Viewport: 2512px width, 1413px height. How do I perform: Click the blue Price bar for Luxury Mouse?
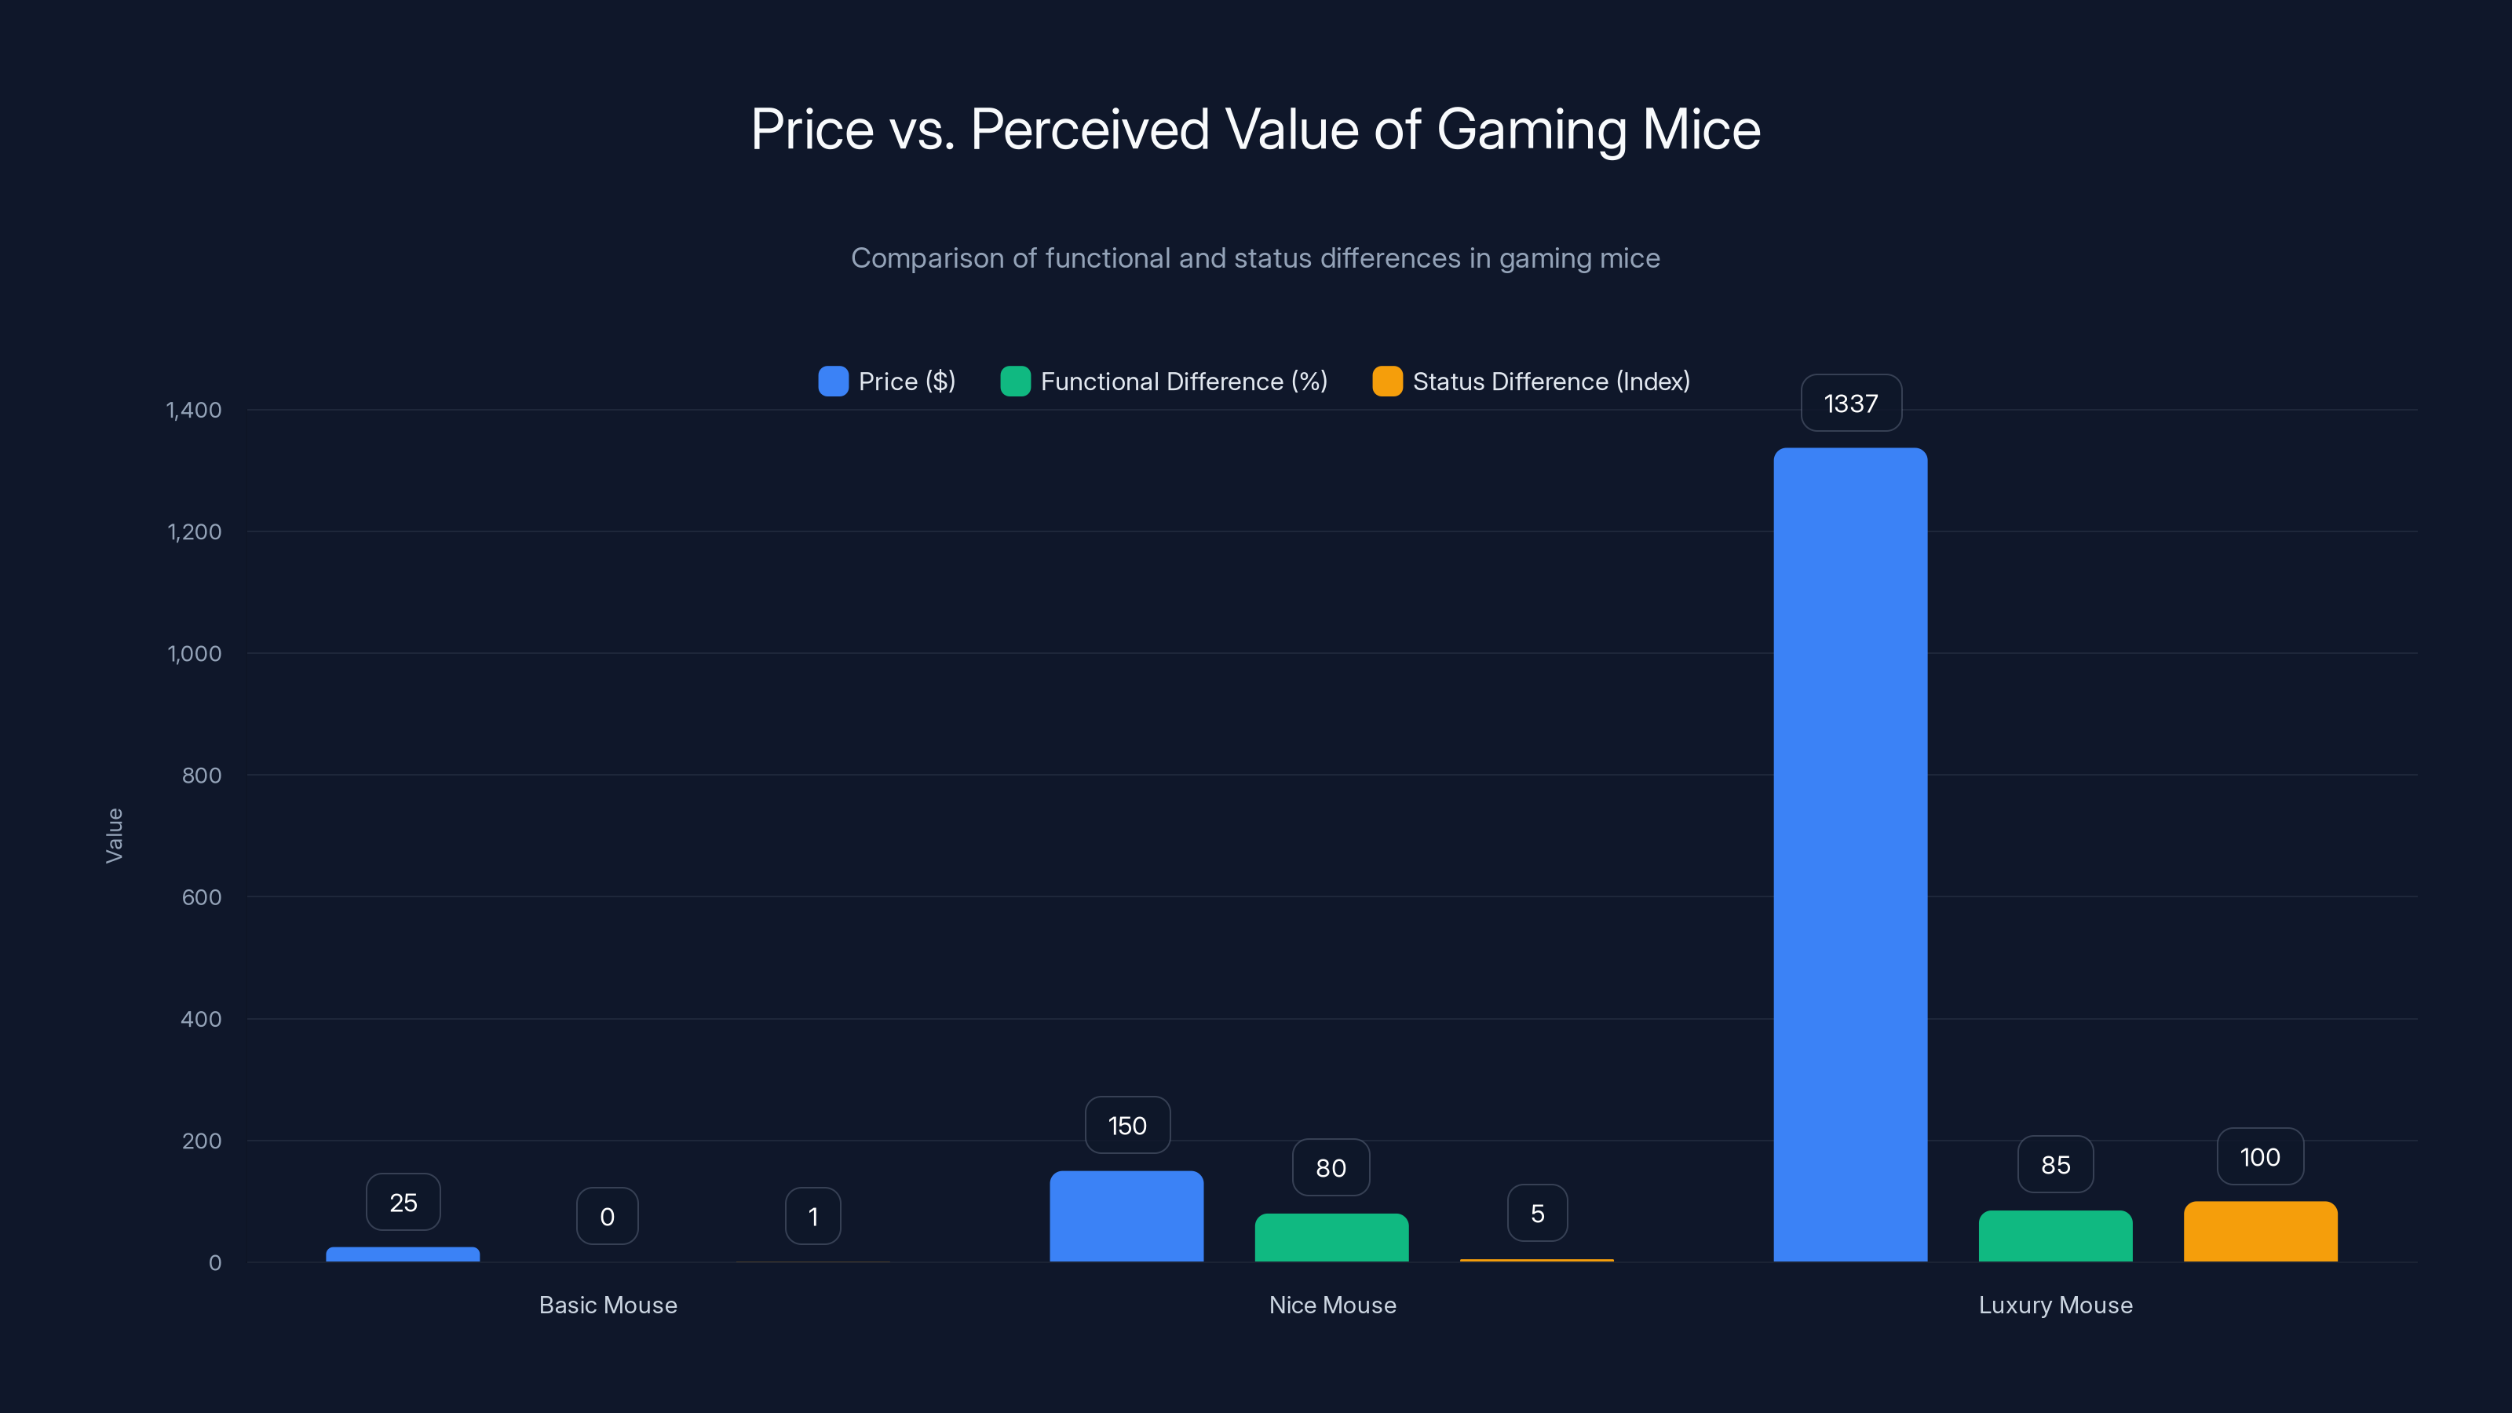point(1850,854)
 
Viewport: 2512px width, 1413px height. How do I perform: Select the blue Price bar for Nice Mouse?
point(1126,1216)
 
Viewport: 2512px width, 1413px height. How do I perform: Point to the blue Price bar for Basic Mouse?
point(403,1254)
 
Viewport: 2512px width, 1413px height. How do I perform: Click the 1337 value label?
point(1850,403)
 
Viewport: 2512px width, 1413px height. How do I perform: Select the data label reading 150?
point(1127,1126)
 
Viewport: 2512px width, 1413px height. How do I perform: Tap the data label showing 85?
point(2054,1164)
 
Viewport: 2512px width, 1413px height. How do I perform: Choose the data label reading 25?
point(403,1203)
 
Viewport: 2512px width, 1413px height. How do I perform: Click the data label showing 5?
point(1537,1213)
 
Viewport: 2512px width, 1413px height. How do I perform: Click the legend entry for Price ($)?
point(886,382)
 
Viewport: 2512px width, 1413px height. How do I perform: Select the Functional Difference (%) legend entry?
point(1164,382)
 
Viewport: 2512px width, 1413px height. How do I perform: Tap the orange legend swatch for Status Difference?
point(1386,382)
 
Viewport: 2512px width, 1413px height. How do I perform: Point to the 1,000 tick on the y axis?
point(194,653)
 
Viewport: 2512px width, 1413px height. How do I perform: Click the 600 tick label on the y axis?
point(201,897)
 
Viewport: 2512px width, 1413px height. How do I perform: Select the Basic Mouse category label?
point(608,1305)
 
